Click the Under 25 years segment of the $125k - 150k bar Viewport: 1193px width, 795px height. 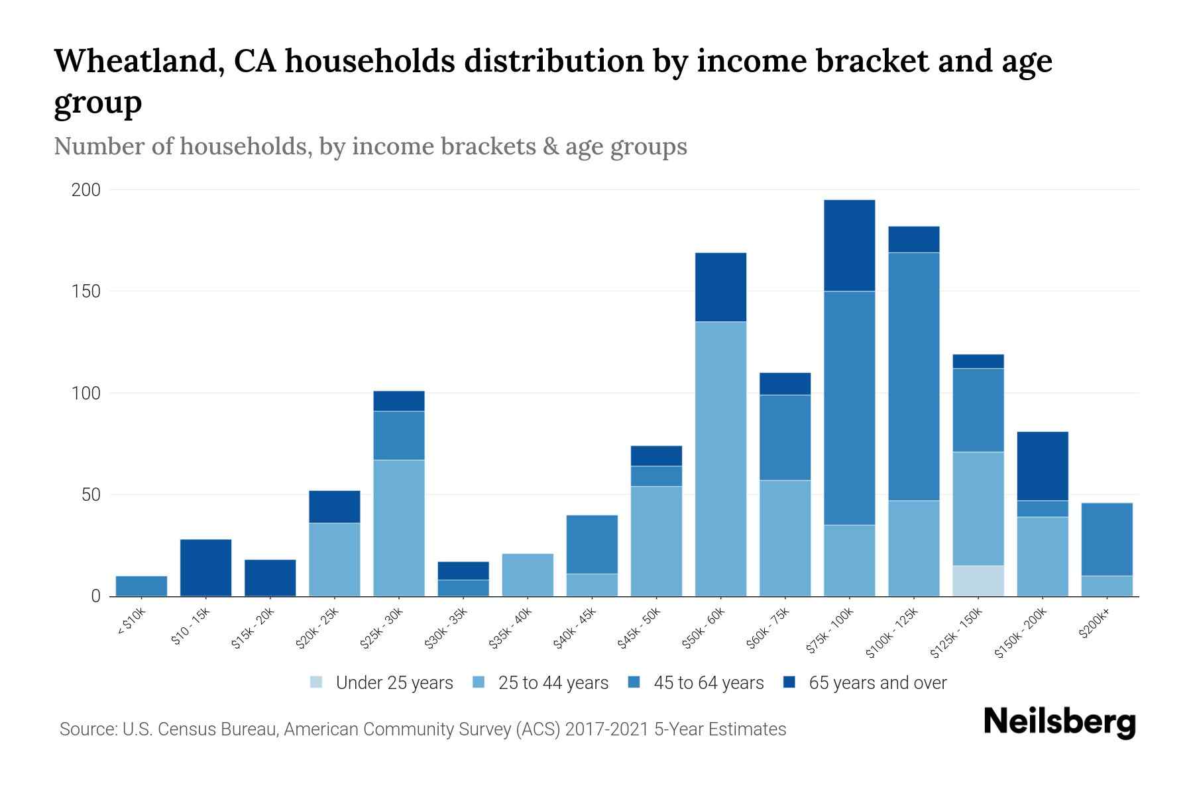pos(978,581)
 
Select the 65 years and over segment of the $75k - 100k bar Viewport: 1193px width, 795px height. pos(849,246)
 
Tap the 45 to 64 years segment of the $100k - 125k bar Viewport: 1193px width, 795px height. pos(914,376)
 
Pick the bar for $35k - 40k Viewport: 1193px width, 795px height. pos(528,575)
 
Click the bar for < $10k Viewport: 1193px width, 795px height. pos(141,586)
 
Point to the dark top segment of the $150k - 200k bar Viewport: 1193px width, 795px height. pos(1043,466)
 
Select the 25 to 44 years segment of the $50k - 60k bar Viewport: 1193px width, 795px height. pos(720,458)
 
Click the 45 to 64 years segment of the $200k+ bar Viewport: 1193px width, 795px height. pos(1107,539)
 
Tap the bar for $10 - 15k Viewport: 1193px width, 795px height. pos(205,568)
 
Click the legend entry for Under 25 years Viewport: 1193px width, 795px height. pos(382,683)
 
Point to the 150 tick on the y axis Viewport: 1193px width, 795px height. pos(86,291)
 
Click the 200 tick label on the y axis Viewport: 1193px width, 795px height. pos(86,190)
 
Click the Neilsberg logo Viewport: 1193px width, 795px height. pos(1059,722)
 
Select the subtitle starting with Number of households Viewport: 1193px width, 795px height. pos(370,146)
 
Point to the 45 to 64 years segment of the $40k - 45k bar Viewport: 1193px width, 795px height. pos(592,545)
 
